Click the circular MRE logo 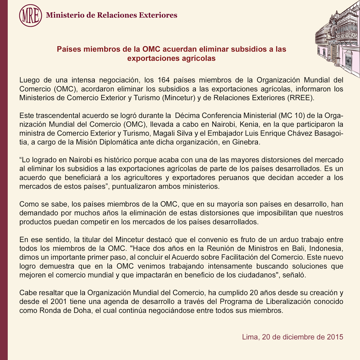pyautogui.click(x=30, y=15)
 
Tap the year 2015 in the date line pyautogui.click(x=334, y=337)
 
